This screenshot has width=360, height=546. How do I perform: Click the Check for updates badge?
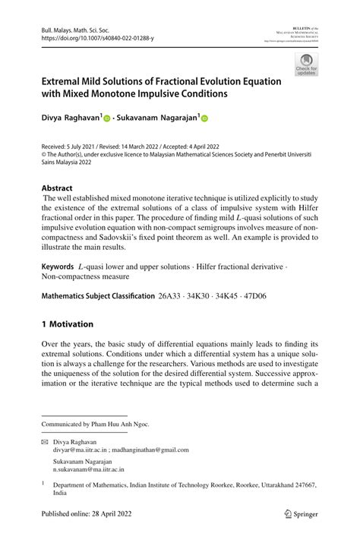[305, 65]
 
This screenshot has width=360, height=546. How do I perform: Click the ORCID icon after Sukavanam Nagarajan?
[204, 118]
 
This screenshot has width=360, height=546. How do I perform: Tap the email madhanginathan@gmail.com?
[150, 449]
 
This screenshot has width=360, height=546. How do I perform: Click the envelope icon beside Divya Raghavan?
[45, 440]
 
